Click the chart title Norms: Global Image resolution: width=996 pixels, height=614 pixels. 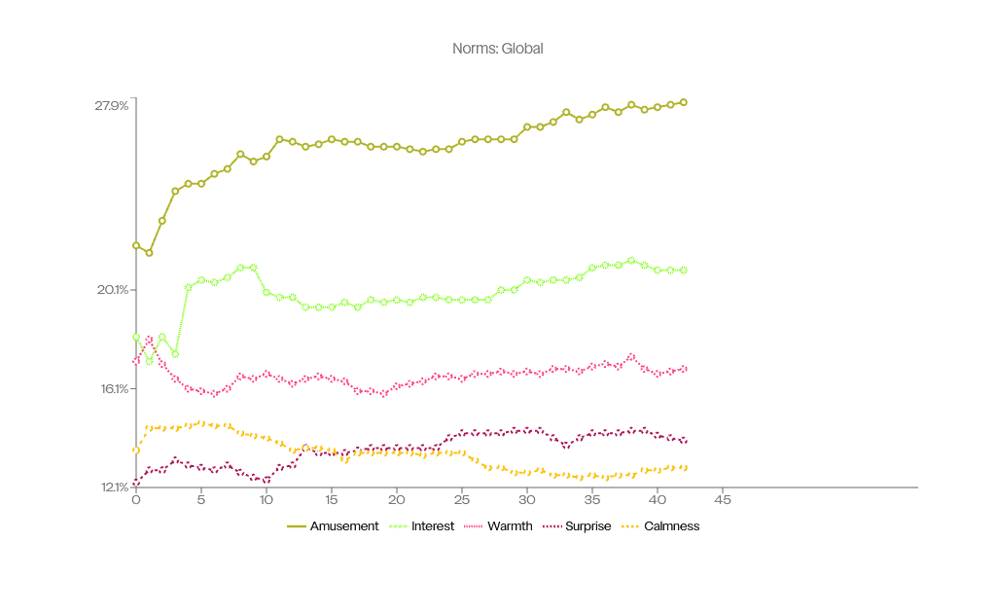[x=497, y=49]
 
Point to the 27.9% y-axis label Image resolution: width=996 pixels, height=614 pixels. [x=111, y=106]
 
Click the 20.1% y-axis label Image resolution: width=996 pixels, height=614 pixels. [x=111, y=289]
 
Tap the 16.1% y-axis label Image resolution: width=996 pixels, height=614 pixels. [x=112, y=388]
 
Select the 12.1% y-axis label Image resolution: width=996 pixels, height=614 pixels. [x=112, y=487]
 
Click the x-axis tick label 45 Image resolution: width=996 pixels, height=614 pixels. [x=723, y=500]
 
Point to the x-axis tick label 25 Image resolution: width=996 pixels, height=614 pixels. [x=462, y=500]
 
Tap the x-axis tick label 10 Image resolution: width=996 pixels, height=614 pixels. [x=267, y=500]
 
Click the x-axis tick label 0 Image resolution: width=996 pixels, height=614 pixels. [x=136, y=500]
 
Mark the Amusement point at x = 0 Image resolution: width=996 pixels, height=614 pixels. [x=136, y=245]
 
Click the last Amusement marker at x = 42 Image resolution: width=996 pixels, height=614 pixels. [x=684, y=102]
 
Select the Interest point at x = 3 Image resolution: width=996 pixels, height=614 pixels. [x=175, y=354]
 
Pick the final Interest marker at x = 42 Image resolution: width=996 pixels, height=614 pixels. [x=684, y=270]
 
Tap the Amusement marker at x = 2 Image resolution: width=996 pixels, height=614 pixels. [x=162, y=221]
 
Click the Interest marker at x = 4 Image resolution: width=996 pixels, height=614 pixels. [x=189, y=287]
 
